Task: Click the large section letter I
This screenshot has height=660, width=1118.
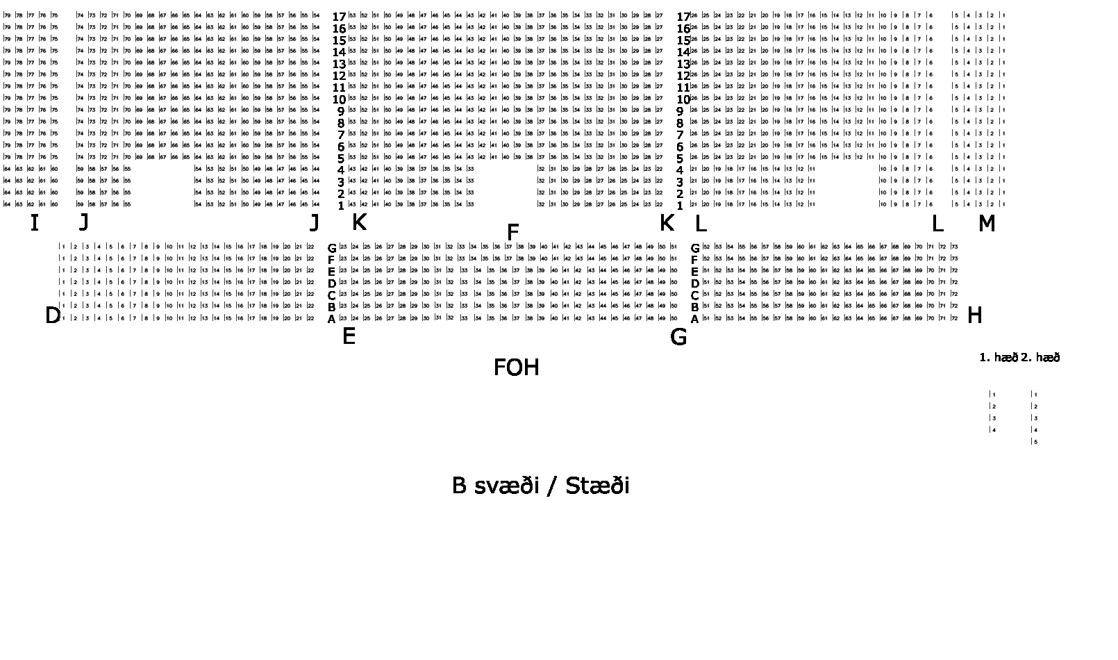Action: (x=34, y=223)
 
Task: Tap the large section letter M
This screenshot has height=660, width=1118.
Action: (x=986, y=223)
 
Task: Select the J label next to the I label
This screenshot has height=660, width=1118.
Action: (x=83, y=223)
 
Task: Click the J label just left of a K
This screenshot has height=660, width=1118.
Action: (x=315, y=223)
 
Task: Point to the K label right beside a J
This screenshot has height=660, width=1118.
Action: (x=359, y=223)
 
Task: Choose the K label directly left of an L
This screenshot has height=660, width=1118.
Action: (x=666, y=223)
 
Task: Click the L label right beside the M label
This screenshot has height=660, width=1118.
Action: (x=937, y=223)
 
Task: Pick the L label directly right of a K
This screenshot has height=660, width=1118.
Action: (x=700, y=223)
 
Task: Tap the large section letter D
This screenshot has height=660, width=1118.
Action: (x=53, y=315)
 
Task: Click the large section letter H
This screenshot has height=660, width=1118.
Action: (x=974, y=315)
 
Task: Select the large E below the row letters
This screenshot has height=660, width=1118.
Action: (x=349, y=336)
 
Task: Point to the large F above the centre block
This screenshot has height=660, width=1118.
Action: (x=512, y=232)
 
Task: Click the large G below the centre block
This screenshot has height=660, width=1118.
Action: (x=678, y=337)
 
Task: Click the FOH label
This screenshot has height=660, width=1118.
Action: (x=516, y=367)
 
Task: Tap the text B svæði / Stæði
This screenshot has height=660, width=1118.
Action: (x=540, y=485)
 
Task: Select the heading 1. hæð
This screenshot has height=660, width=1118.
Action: (x=998, y=358)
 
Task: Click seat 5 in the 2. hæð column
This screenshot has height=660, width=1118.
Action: (x=1035, y=442)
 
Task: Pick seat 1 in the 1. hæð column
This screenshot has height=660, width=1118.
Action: (x=994, y=395)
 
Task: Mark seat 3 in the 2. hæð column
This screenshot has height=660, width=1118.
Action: (x=1035, y=418)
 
